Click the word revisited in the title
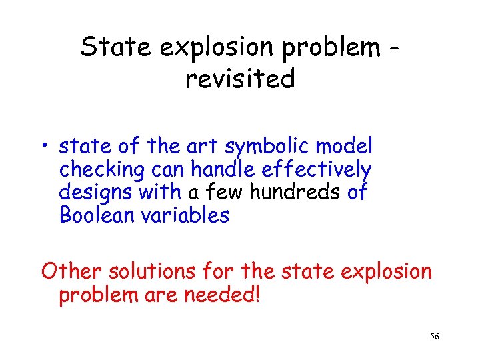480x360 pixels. tap(240, 79)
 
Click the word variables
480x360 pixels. tap(190, 215)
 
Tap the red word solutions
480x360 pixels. tap(157, 271)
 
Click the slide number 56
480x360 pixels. tap(434, 337)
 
